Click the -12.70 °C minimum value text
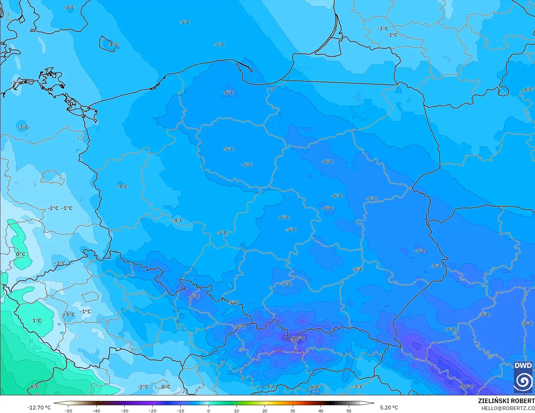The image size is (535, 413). point(39,408)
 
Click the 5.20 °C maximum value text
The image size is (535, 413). point(389,408)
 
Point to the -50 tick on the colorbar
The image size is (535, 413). point(68,411)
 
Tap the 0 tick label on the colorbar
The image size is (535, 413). point(208,411)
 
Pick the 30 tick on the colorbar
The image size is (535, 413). point(292,411)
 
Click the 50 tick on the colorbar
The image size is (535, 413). point(349,411)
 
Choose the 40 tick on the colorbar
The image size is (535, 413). point(321,411)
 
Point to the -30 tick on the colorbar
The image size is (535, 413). point(124,411)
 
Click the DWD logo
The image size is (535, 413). point(523,377)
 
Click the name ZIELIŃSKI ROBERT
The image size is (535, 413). point(506,401)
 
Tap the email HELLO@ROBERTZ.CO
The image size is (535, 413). point(508,408)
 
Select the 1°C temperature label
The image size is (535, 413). point(37,321)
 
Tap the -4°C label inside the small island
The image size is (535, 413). point(112,45)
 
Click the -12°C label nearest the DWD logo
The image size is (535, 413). point(466,387)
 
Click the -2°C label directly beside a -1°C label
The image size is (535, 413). point(53,208)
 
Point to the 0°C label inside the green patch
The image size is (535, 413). point(21,254)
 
